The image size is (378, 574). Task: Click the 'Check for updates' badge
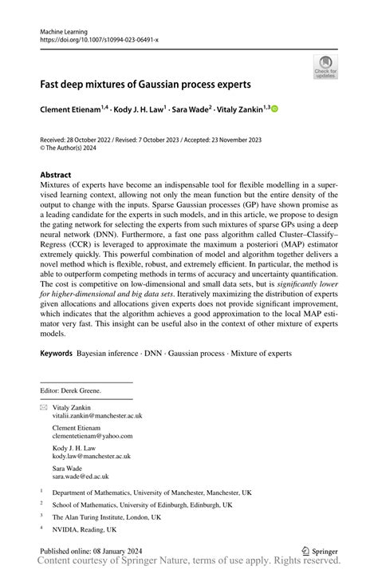pos(325,68)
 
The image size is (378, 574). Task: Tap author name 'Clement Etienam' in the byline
pos(73,108)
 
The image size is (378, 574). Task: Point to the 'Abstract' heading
pos(56,174)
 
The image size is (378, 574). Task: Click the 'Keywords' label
pos(56,352)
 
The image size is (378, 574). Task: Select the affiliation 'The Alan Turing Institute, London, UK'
pos(107,517)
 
